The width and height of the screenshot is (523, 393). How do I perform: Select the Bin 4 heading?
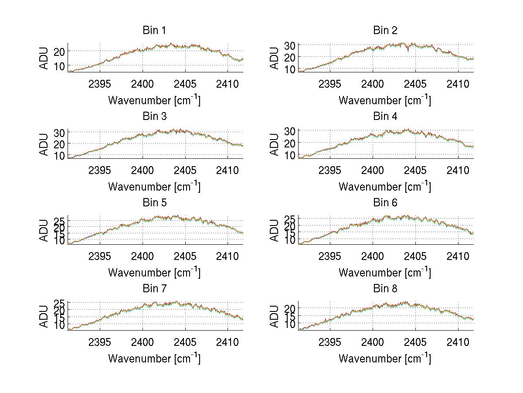coord(385,116)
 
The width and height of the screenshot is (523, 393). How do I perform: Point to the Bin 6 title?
coord(385,203)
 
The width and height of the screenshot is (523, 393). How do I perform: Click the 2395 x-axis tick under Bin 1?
coord(100,84)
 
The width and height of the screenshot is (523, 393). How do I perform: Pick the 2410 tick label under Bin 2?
coord(458,84)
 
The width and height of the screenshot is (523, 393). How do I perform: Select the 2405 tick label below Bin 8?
coord(415,342)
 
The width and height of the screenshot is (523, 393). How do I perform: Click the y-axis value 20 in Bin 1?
coord(59,51)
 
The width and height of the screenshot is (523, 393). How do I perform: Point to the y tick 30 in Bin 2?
coord(290,45)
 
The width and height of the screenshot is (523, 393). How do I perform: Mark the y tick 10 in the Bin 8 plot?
coord(290,324)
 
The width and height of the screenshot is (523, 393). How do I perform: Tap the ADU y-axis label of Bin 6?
coord(275,230)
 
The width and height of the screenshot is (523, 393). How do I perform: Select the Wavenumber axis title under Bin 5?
coord(154,273)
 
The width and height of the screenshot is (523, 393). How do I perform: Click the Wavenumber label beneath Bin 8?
coord(385,359)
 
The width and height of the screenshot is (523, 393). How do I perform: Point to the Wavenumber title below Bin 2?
coord(385,100)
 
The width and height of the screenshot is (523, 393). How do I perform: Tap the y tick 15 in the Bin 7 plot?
coord(59,318)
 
